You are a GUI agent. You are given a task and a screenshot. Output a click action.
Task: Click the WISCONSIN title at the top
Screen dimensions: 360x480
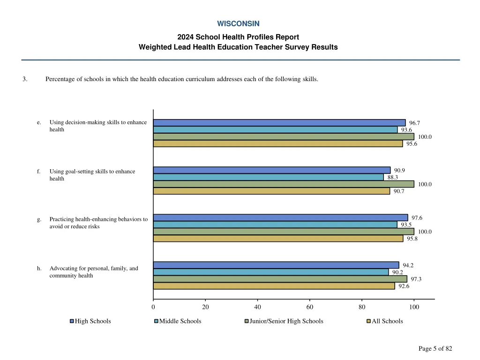pos(238,23)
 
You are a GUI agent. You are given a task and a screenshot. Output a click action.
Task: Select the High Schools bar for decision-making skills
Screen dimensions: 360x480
pos(279,123)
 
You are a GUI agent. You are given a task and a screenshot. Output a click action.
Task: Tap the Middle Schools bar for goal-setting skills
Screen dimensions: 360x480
pos(268,177)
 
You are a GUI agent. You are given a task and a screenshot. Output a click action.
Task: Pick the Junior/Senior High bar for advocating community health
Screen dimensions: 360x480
pos(280,279)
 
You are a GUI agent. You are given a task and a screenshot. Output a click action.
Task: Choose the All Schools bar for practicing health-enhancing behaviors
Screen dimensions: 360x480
pos(278,239)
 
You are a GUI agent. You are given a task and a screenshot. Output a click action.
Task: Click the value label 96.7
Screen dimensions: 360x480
pos(414,123)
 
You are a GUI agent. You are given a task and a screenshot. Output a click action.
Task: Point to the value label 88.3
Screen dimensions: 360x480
pos(393,177)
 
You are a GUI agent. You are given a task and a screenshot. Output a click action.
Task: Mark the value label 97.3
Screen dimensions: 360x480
pos(416,279)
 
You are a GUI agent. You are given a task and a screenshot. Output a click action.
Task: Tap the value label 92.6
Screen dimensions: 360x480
pos(404,286)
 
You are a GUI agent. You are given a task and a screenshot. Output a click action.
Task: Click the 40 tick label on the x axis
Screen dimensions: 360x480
pos(257,307)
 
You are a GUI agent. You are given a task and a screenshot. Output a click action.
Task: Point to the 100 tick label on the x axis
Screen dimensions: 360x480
pos(414,307)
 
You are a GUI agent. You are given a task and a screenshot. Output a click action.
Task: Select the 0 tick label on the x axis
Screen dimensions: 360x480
pos(153,307)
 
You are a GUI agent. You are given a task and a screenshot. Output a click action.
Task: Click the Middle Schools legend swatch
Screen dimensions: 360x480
pos(156,322)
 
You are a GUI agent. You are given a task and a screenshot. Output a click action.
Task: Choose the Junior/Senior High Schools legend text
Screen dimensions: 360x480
pos(286,321)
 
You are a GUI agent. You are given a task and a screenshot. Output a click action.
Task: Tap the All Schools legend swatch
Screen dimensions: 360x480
pos(368,322)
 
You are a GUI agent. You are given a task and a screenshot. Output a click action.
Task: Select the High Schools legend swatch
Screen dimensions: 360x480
pos(72,322)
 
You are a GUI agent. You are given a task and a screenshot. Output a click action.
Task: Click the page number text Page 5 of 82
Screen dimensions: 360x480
pos(435,348)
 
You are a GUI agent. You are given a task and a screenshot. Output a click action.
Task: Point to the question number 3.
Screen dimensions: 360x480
pos(24,79)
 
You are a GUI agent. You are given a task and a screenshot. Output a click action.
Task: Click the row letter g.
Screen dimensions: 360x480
pos(39,219)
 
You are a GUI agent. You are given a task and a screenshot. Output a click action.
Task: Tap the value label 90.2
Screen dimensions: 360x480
pos(397,272)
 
